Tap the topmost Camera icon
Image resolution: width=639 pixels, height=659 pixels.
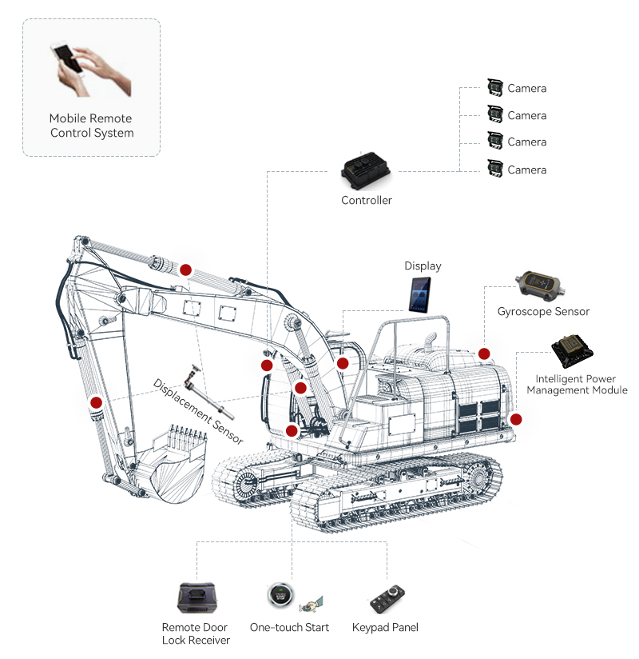(494, 88)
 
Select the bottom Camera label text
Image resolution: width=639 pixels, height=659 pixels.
(527, 170)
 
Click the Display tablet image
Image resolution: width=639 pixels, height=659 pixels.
(419, 296)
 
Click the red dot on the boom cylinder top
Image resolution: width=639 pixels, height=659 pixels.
(185, 270)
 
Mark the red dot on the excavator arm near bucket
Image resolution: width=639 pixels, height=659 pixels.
(96, 402)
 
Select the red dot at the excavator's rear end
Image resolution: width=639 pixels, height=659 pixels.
(516, 418)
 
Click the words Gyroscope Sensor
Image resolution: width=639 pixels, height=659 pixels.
(543, 311)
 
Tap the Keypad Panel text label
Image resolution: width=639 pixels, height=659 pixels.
(385, 627)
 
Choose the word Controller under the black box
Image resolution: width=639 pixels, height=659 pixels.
(367, 200)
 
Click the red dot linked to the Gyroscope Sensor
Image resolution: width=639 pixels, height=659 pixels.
(483, 353)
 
